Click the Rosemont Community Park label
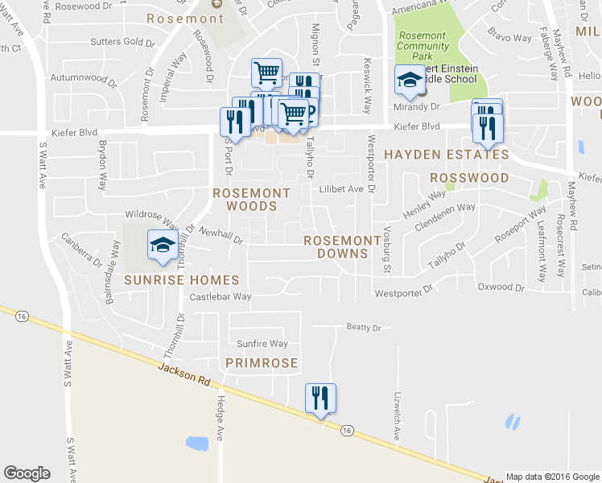[422, 47]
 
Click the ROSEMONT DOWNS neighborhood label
[342, 247]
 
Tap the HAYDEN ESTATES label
[445, 155]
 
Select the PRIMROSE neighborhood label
[262, 364]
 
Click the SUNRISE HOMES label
[182, 280]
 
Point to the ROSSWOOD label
[469, 178]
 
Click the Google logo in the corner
[27, 473]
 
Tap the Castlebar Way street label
[221, 297]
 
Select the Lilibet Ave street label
[341, 190]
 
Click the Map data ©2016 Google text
[552, 477]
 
